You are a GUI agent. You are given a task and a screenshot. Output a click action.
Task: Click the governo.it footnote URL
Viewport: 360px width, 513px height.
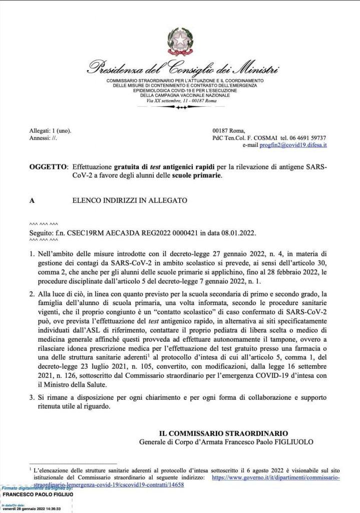click(276, 477)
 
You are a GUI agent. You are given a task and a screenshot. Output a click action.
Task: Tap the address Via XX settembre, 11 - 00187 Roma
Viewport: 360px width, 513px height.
click(179, 101)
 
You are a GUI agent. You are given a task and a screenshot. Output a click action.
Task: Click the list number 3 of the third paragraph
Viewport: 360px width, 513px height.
click(32, 397)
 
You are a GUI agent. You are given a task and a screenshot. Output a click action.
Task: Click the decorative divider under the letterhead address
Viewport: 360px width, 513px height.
click(179, 107)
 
